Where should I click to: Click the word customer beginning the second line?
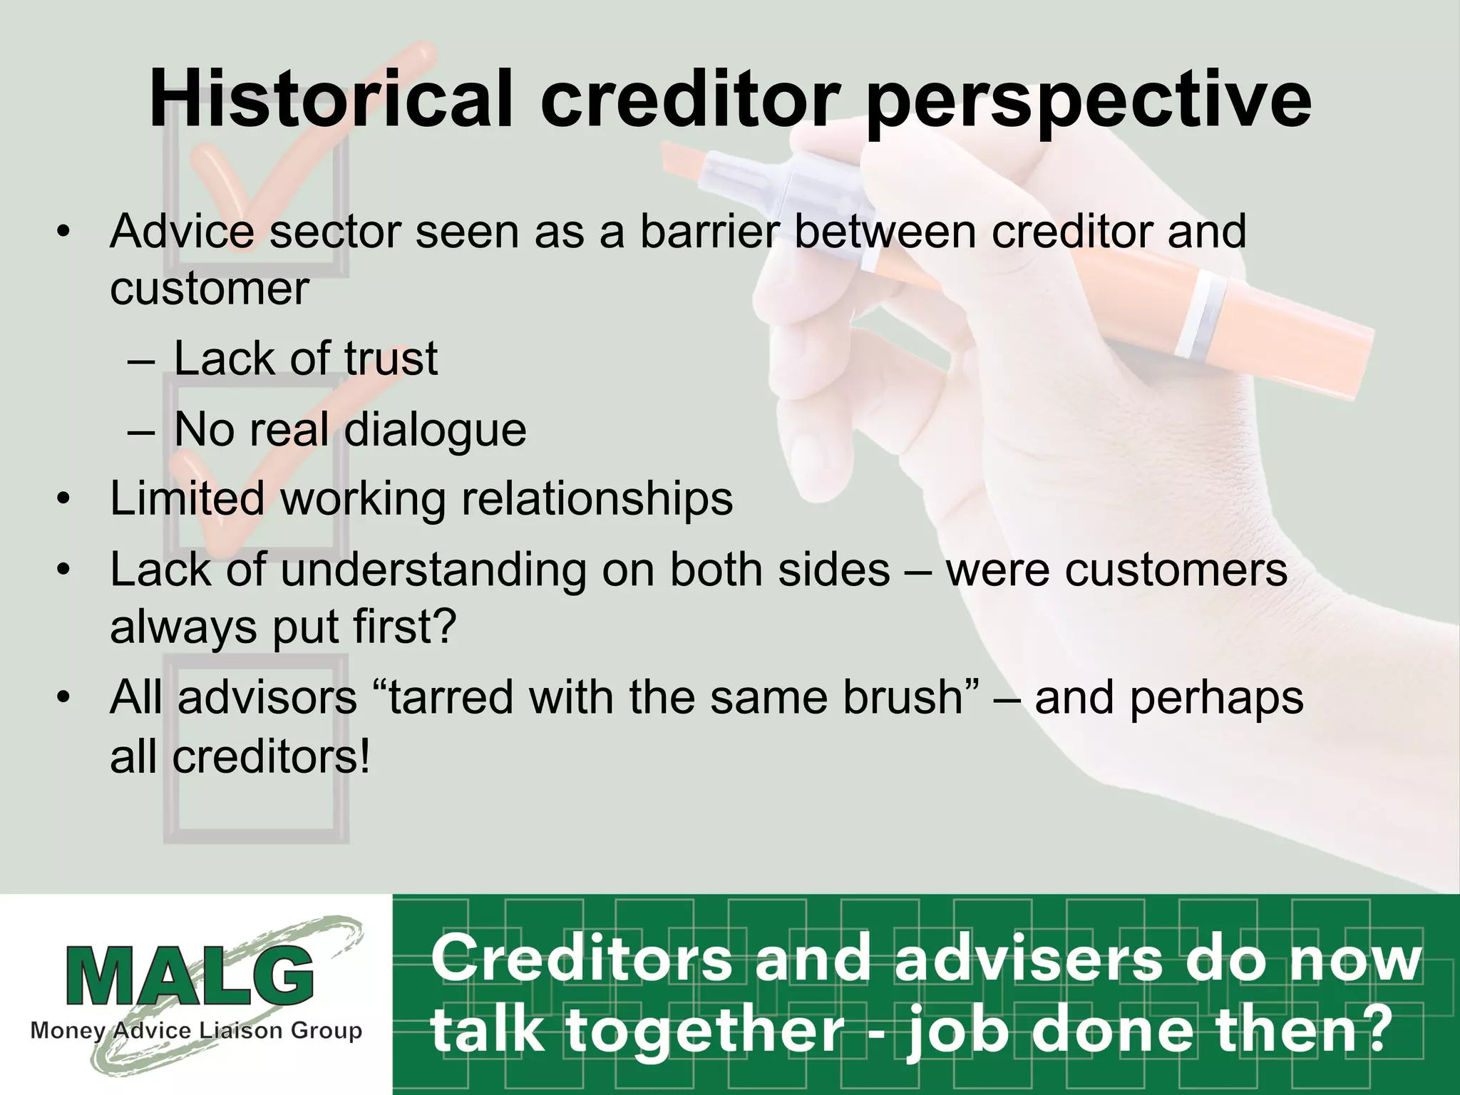[x=209, y=289]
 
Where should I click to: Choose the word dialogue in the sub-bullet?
[x=435, y=431]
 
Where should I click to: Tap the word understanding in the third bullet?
[x=433, y=570]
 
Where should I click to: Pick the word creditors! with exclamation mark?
[x=272, y=756]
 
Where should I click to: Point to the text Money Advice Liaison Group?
[x=196, y=1031]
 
